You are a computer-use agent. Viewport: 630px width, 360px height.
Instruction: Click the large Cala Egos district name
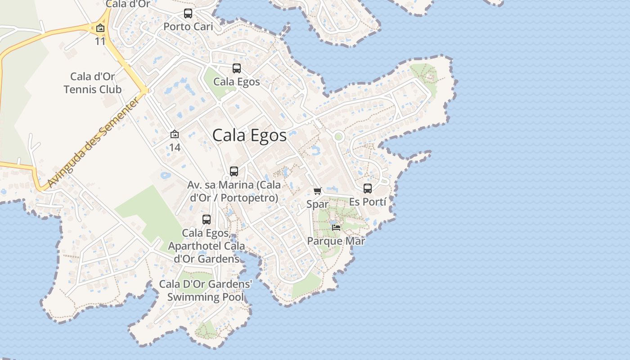(x=249, y=135)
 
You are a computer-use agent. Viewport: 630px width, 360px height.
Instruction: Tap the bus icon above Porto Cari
(x=188, y=13)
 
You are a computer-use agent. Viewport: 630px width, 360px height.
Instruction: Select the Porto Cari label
(x=188, y=27)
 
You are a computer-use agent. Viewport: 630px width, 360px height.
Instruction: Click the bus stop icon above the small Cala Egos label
(x=237, y=68)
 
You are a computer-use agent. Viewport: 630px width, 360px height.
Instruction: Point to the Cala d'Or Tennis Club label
(x=93, y=83)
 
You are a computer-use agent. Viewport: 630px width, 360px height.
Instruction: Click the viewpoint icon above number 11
(x=100, y=28)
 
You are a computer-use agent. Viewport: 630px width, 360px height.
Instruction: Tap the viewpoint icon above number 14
(x=175, y=134)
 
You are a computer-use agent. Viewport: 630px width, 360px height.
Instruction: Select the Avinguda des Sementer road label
(x=92, y=144)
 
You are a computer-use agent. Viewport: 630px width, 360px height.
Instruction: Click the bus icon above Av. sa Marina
(x=234, y=171)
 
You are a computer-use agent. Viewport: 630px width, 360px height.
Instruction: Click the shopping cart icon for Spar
(x=318, y=191)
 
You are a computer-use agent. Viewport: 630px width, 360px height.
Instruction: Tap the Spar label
(x=318, y=204)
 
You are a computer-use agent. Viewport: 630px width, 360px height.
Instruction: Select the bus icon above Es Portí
(x=368, y=189)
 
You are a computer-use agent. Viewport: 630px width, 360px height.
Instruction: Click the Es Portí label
(x=368, y=202)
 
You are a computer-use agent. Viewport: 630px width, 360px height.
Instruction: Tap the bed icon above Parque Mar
(x=336, y=228)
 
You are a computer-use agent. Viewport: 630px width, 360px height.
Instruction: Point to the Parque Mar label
(x=336, y=241)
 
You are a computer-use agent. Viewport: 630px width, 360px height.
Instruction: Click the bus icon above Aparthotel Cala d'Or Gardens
(x=207, y=220)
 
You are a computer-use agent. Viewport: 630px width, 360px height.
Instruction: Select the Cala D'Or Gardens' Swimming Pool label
(x=206, y=291)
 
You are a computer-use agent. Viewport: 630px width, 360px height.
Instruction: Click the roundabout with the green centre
(x=338, y=136)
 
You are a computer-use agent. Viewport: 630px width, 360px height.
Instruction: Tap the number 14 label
(x=175, y=147)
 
